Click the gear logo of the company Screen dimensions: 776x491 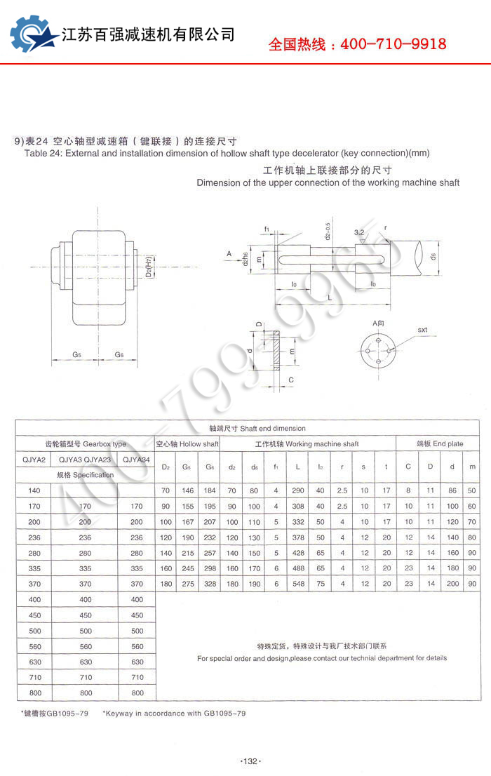coord(32,34)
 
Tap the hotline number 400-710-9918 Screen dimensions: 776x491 coord(393,45)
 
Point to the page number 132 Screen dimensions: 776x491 coord(250,761)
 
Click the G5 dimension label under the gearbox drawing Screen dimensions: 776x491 coord(76,355)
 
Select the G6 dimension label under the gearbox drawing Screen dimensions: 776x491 coord(119,355)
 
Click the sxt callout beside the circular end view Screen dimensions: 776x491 coord(422,329)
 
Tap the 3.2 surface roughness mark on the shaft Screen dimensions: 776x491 coord(359,232)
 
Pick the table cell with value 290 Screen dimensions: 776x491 coord(298,490)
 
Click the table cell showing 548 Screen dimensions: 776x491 coord(298,584)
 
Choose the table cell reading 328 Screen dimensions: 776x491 coord(210,584)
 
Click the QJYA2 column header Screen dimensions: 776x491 coord(33,460)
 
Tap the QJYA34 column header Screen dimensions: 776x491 coord(136,460)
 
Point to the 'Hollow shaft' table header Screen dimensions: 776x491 coord(199,444)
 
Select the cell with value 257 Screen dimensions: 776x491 coord(210,553)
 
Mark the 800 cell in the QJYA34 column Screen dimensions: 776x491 coord(137,693)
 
